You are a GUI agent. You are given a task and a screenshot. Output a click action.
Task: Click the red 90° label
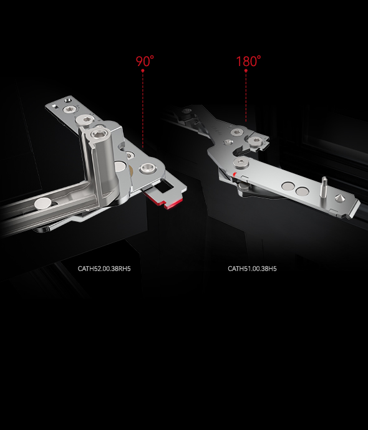pos(145,61)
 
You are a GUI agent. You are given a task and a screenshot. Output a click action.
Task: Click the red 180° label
pos(248,61)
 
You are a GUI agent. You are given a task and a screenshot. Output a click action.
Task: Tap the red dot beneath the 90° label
pos(143,71)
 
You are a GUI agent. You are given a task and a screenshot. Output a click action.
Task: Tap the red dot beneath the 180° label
pos(246,71)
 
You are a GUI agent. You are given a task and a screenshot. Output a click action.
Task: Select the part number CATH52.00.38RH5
pos(104,269)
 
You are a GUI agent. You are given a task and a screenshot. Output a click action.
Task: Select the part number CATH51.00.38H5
pos(252,269)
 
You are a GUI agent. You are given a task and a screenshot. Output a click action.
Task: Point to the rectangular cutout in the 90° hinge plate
pos(163,185)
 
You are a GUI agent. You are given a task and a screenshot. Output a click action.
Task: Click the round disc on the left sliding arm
pos(43,203)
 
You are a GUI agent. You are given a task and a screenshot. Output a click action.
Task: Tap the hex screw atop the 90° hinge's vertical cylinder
pos(97,134)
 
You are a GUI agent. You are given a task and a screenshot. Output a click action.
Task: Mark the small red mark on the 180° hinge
pos(234,174)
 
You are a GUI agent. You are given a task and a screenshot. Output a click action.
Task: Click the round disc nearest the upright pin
pos(302,191)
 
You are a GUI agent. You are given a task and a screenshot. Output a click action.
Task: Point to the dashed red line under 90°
pos(143,110)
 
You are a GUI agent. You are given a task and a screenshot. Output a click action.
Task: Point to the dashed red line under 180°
pos(246,97)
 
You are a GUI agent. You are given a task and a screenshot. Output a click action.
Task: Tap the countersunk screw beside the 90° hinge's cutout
pos(147,168)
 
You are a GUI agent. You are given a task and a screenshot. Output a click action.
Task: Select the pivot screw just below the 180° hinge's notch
pos(241,162)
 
